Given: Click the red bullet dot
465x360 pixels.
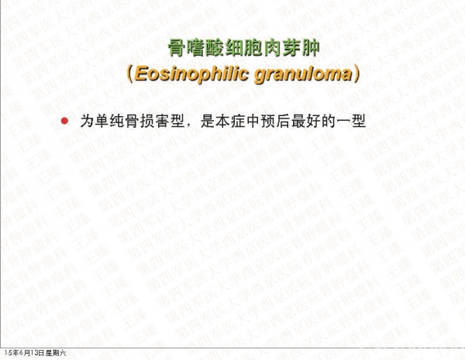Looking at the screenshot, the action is point(64,121).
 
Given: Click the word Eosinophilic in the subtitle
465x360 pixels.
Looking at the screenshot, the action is point(191,74).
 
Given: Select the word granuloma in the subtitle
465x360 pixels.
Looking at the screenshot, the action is point(303,75).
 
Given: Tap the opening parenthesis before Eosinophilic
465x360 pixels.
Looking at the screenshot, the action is point(129,74).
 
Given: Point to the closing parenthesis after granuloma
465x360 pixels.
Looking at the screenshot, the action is point(356,74).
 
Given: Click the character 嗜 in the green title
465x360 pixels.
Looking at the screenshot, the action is point(196,48).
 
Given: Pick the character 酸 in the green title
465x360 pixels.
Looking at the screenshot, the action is point(215,48).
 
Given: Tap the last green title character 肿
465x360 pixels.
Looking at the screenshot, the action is point(311,48).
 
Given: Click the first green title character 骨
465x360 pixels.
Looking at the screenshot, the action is point(177,48).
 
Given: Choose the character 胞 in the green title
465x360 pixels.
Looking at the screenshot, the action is point(253,48).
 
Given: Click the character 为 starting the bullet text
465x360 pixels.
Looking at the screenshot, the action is point(87,122).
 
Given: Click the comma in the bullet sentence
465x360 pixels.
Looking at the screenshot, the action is point(189,125).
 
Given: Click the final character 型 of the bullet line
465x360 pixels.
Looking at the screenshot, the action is point(359,122).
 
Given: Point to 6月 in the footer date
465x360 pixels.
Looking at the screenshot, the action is point(25,353).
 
